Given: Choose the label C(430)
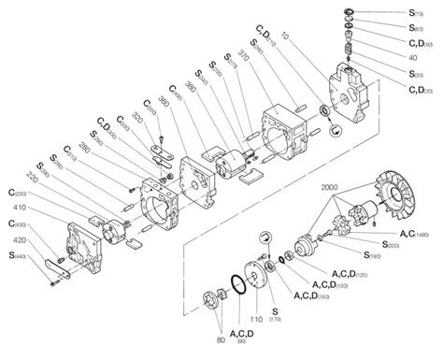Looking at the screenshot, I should [15, 223].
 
